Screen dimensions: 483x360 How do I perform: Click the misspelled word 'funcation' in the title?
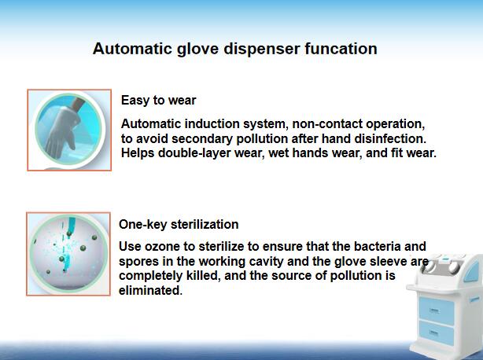341,49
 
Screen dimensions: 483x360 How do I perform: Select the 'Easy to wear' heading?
159,101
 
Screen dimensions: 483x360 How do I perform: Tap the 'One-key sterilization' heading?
179,224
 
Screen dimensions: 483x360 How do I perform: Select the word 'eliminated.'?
150,290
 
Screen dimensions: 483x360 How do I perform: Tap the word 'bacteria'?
378,246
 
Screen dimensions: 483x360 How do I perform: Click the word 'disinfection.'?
390,138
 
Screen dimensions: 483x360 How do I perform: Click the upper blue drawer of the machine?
437,310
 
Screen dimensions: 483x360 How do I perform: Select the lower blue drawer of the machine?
437,332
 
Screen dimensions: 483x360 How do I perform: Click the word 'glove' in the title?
197,50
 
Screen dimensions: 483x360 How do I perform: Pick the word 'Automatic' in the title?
132,49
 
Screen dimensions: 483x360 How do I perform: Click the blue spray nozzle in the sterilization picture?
72,224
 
